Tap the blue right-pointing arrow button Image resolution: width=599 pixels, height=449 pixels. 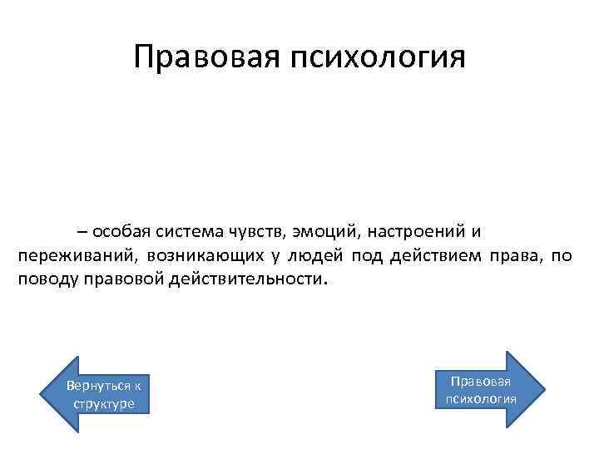pyautogui.click(x=488, y=389)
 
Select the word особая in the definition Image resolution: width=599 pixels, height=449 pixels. pyautogui.click(x=120, y=230)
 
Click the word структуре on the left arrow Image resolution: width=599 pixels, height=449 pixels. pyautogui.click(x=103, y=403)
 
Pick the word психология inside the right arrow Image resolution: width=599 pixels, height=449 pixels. pyautogui.click(x=481, y=398)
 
